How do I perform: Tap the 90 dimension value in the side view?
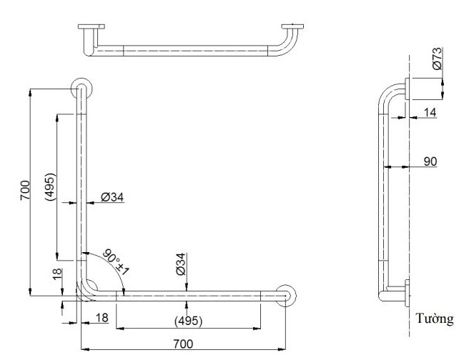pos(430,162)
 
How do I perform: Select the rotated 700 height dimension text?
pos(24,190)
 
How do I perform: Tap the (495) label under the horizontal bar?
pos(187,319)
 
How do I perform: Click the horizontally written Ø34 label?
pos(113,197)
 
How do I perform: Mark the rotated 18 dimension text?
pos(58,274)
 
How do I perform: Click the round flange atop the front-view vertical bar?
pos(81,89)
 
